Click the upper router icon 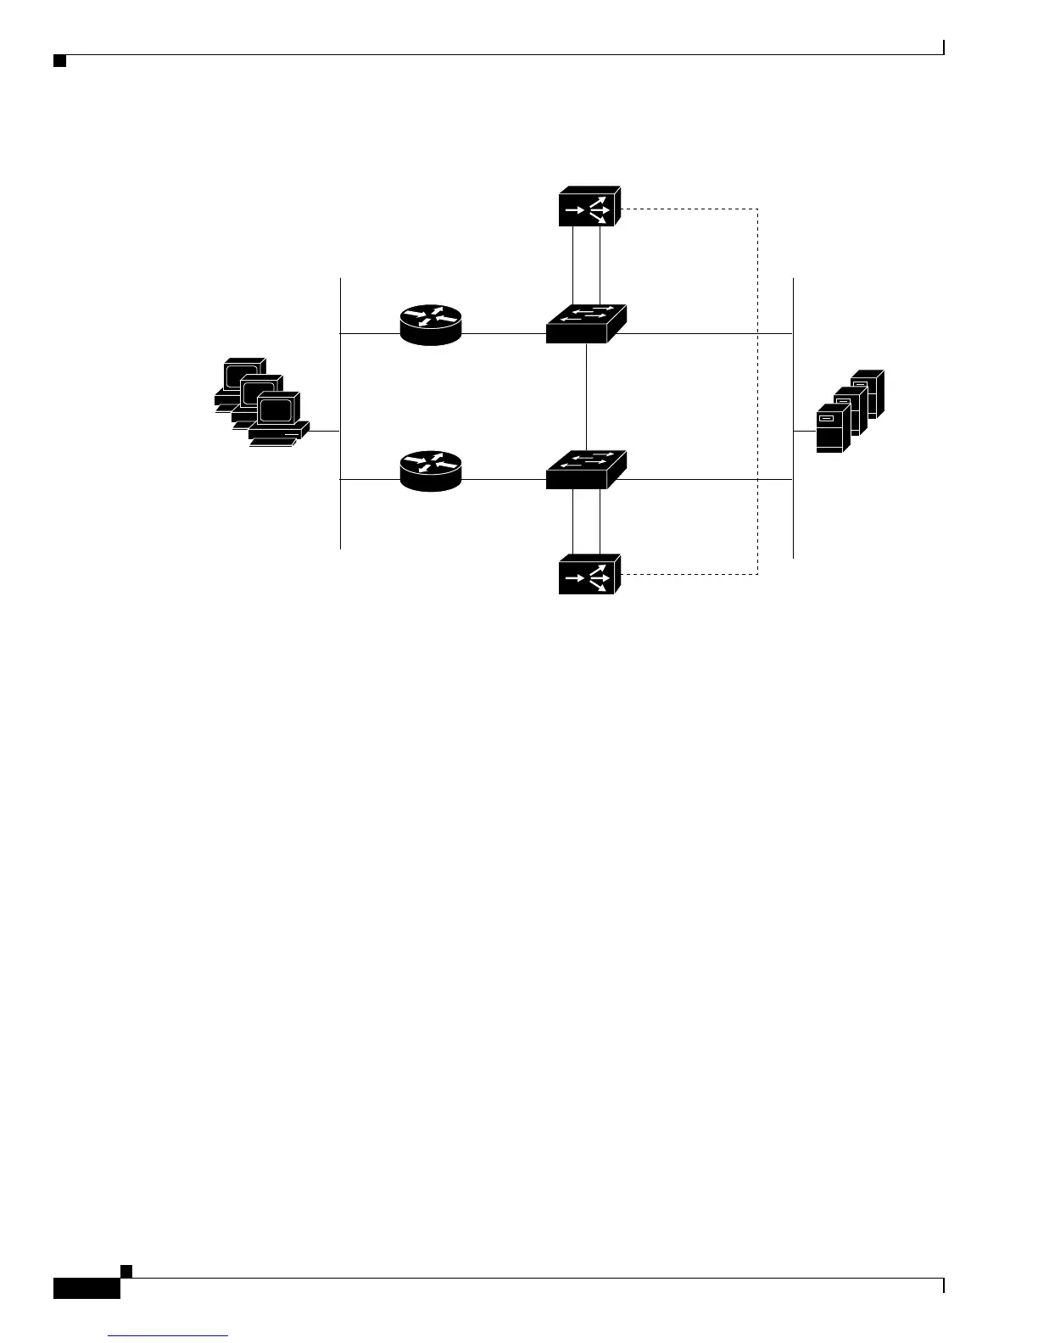click(431, 325)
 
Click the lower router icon click(431, 471)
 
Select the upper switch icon click(586, 324)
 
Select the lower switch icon click(586, 470)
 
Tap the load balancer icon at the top click(589, 206)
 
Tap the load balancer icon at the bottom click(589, 574)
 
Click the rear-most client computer click(242, 379)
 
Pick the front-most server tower click(831, 429)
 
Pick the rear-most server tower click(868, 393)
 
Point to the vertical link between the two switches click(587, 397)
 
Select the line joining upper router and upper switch click(504, 334)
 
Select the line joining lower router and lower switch click(504, 480)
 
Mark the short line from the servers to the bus click(804, 432)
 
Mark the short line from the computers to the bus click(325, 432)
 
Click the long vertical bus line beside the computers click(340, 382)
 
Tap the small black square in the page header click(59, 60)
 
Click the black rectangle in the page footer click(86, 1288)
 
